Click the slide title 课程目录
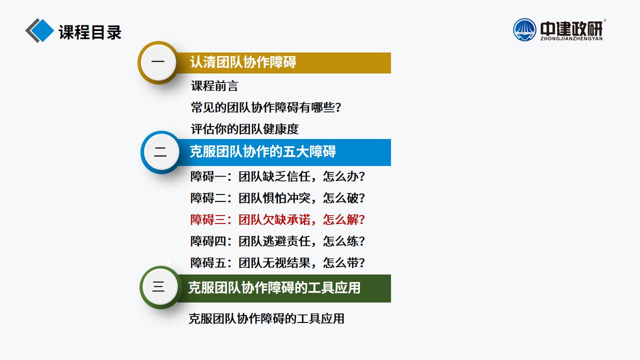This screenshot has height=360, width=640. click(90, 32)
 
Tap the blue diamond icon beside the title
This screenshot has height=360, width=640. click(42, 30)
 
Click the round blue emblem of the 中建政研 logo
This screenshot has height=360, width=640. click(524, 29)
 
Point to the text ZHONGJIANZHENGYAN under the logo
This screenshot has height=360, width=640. click(571, 38)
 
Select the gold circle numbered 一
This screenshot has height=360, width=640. click(158, 62)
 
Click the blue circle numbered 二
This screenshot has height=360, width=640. click(160, 152)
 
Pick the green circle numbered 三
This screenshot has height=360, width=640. click(159, 287)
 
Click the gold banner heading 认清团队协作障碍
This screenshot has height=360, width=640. click(243, 62)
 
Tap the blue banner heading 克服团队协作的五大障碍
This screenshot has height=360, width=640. click(263, 151)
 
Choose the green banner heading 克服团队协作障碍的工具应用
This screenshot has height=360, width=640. click(274, 287)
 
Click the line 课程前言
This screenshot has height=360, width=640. click(214, 86)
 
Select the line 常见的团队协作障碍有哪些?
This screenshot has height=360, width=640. click(266, 107)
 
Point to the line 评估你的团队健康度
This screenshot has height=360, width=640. click(245, 129)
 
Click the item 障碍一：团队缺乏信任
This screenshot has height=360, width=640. click(277, 176)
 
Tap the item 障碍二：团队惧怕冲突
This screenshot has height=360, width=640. click(277, 198)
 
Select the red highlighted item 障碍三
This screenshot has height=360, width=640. click(277, 219)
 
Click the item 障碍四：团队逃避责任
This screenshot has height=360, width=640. click(277, 241)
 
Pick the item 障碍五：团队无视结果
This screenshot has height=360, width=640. click(277, 263)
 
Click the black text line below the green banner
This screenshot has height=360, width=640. click(266, 319)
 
